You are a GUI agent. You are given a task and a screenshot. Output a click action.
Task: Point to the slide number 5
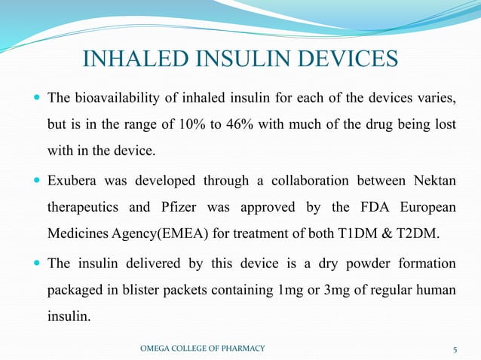coord(455,348)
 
